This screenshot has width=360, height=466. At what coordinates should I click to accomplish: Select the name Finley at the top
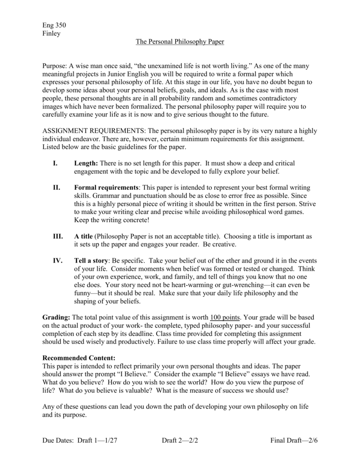point(51,34)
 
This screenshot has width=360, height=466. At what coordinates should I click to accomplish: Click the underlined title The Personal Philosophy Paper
point(180,42)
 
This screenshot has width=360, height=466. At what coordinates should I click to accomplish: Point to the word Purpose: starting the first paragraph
point(55,66)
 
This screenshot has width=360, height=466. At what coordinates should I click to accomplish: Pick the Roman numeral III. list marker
point(58,237)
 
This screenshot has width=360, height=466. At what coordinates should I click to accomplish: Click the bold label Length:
point(86,163)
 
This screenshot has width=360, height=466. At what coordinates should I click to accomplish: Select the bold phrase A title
point(83,237)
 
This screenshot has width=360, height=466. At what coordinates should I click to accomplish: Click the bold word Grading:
point(56,317)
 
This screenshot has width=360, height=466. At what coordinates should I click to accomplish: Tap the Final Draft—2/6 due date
point(294,441)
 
